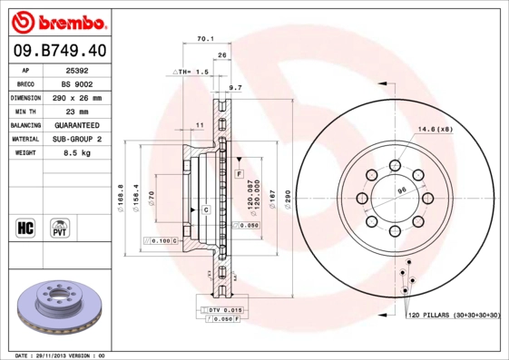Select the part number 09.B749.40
[x=59, y=49]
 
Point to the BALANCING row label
[x=25, y=125]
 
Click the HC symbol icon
[x=25, y=227]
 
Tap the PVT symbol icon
[x=59, y=227]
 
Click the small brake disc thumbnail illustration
[x=62, y=304]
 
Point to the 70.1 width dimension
[x=205, y=39]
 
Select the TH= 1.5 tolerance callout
[x=191, y=71]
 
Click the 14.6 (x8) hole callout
[x=436, y=130]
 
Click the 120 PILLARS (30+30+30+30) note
[x=454, y=315]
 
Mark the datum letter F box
[x=239, y=172]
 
